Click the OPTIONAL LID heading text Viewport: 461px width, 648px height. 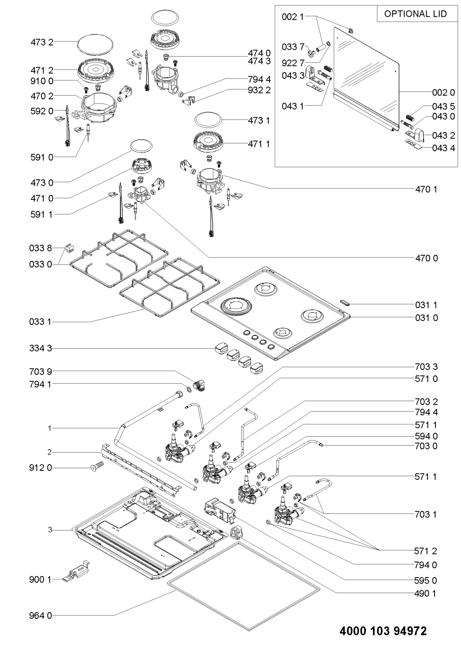(x=415, y=14)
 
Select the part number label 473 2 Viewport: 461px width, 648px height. (x=42, y=42)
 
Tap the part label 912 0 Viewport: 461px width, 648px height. (x=41, y=468)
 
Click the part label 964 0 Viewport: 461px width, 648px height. (x=41, y=615)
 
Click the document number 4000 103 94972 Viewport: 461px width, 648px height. (x=383, y=631)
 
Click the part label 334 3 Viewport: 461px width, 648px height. (x=41, y=348)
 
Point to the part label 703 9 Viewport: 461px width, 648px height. (x=41, y=371)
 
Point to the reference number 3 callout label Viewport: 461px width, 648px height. (x=49, y=530)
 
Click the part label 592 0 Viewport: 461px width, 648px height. (x=41, y=111)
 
